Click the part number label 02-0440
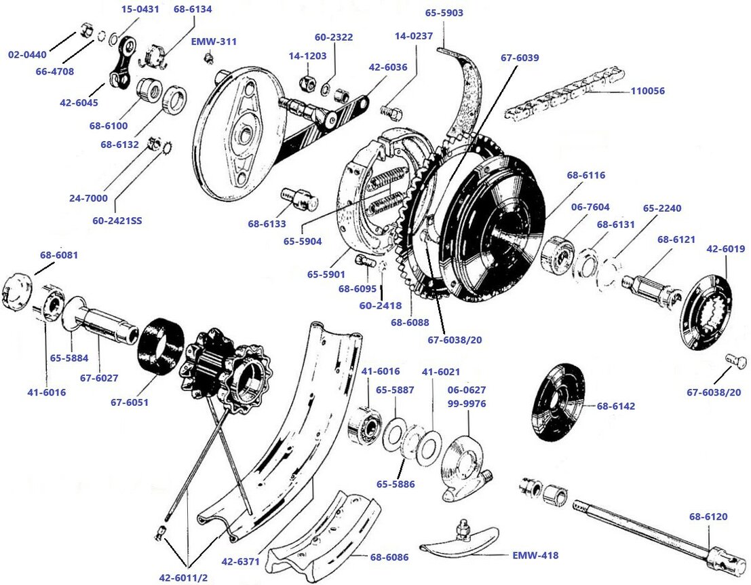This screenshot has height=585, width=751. coord(28,54)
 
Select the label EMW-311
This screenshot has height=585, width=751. coord(214,41)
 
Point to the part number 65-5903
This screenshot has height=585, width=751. coord(444,13)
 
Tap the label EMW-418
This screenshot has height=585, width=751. coord(535,555)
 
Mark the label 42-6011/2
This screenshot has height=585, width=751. coord(183,578)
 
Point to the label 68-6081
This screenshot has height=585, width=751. coord(59,255)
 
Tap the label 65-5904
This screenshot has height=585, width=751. coord(303,241)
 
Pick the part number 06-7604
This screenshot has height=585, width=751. coord(590,207)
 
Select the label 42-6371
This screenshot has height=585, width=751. coord(241,562)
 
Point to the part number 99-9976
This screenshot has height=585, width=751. coord(467,403)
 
